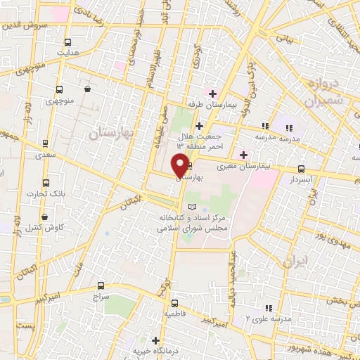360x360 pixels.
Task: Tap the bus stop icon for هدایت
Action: tap(67, 41)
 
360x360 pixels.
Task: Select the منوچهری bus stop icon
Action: tap(58, 89)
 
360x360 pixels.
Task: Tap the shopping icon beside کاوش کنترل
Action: tap(45, 217)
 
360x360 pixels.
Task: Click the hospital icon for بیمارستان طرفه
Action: tap(212, 94)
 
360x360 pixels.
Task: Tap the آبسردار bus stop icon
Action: tap(302, 169)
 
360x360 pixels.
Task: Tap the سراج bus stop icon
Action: tap(101, 285)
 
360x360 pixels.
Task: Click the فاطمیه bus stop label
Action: tap(174, 314)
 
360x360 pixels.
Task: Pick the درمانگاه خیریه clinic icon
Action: tap(155, 340)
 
